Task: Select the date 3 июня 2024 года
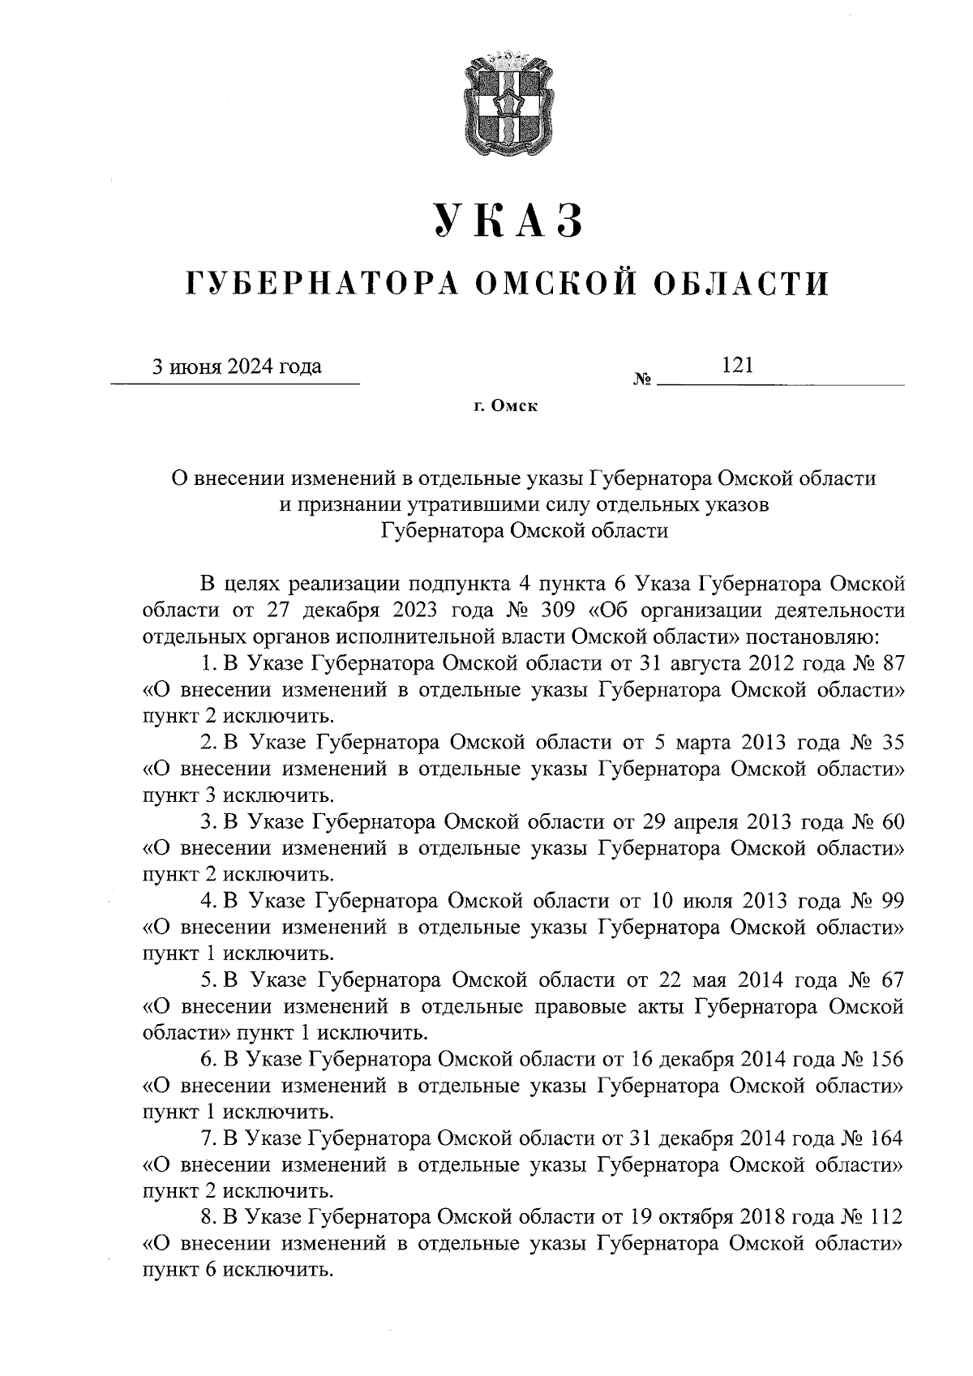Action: coord(238,367)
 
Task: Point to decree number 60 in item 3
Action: coord(891,821)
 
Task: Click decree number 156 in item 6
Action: coord(885,1059)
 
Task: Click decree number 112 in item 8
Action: coord(885,1217)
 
